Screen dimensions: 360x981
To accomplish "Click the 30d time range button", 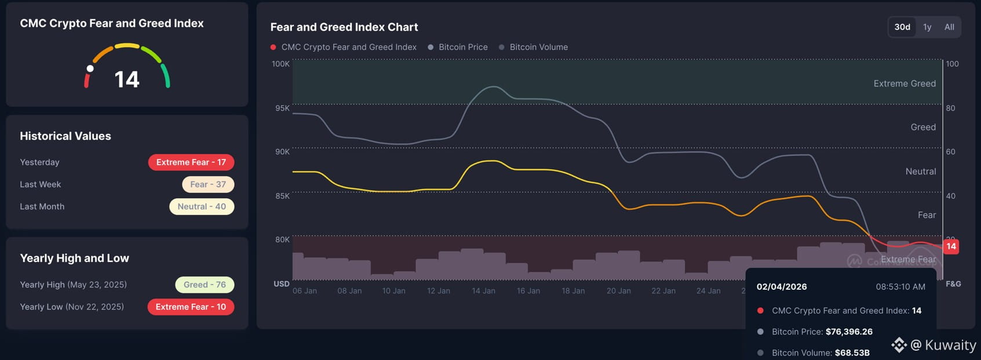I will click(x=902, y=27).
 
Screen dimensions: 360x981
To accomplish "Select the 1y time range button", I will click(x=927, y=27).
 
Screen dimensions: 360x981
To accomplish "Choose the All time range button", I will click(x=949, y=27).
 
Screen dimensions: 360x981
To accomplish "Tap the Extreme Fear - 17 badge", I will click(x=191, y=162).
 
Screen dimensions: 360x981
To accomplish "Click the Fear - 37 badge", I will click(x=208, y=184).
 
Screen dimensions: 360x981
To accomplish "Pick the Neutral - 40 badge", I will click(x=202, y=206).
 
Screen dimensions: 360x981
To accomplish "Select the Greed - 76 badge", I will click(x=205, y=285).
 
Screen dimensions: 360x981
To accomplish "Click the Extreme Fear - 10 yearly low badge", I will click(x=191, y=307).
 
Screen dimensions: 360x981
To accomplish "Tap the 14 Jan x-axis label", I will click(x=483, y=291).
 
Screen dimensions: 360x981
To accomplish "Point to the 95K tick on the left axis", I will click(x=282, y=108).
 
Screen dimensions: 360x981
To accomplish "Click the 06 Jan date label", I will click(x=305, y=291).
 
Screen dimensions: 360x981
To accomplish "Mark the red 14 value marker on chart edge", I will click(x=951, y=246).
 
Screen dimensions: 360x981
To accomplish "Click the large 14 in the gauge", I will click(x=127, y=79).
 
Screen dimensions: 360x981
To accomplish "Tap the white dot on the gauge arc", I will click(x=90, y=68).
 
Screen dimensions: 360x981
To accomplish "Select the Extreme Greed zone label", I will click(x=905, y=83).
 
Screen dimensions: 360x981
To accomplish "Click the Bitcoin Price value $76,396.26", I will click(x=849, y=332).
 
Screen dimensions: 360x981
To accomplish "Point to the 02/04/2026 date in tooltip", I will click(x=782, y=286).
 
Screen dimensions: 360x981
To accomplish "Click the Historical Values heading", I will click(x=65, y=136).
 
